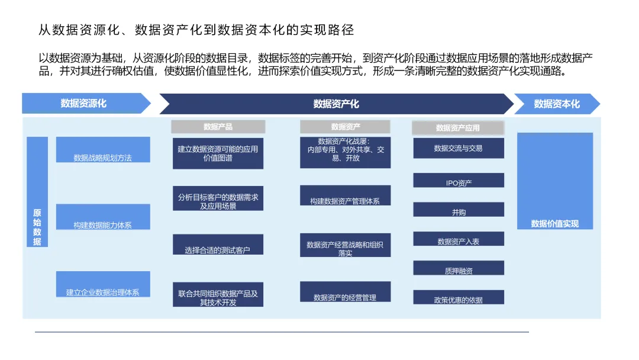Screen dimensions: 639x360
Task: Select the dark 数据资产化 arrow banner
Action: (336, 104)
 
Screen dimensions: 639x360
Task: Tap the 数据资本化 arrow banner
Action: (557, 104)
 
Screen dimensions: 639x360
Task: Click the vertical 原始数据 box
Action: (37, 192)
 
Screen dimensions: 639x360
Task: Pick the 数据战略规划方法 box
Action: (103, 150)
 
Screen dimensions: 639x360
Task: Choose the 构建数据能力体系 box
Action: (103, 217)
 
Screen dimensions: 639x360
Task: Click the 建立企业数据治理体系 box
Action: (103, 284)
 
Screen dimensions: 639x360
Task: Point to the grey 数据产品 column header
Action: (218, 127)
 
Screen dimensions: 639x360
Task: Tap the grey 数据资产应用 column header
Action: (458, 127)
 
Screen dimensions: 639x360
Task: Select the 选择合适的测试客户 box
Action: (218, 244)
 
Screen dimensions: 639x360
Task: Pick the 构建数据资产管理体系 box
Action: (345, 195)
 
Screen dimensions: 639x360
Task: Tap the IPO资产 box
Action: (459, 181)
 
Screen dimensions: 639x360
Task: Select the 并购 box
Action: (459, 210)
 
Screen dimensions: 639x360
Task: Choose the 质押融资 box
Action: (459, 268)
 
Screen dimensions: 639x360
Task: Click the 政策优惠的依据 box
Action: (459, 297)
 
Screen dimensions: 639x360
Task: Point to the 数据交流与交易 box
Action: (459, 148)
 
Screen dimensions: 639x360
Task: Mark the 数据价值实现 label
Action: (555, 224)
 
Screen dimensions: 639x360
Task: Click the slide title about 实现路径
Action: (196, 29)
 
